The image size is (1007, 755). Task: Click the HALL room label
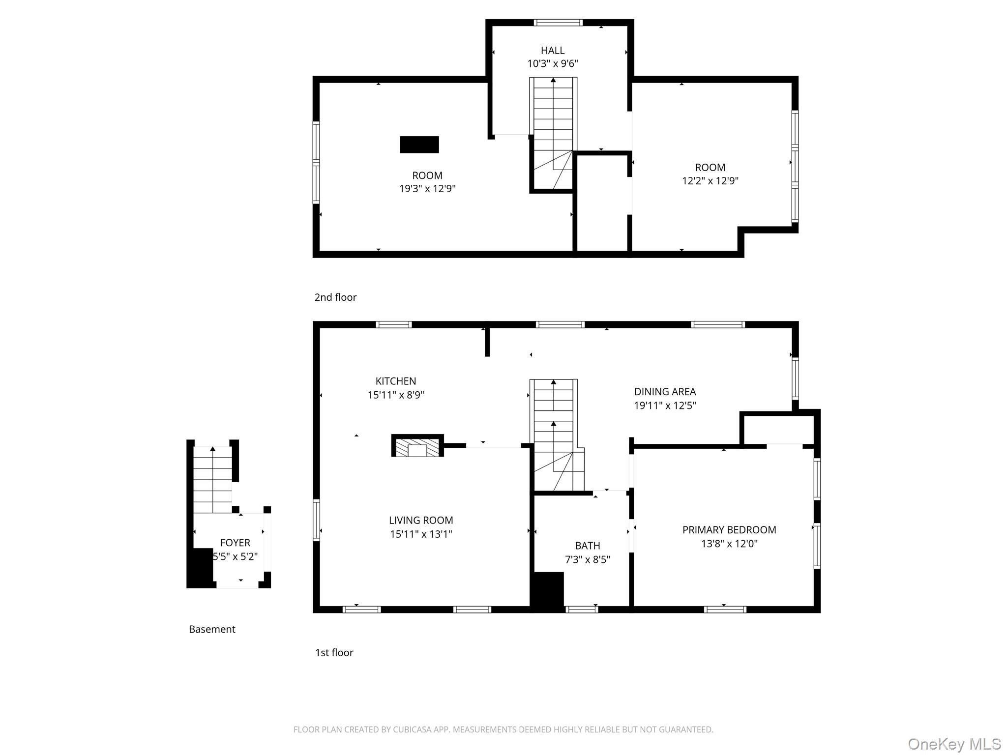click(x=553, y=50)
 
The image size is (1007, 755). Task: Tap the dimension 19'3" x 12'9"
click(x=427, y=189)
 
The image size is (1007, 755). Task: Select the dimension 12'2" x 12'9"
click(x=710, y=181)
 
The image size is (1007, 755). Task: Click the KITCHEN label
click(x=396, y=381)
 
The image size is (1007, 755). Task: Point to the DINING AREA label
click(x=665, y=392)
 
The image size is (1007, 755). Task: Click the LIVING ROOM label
click(x=421, y=520)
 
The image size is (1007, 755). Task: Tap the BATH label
click(x=588, y=546)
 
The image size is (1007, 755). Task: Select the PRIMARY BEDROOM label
click(x=729, y=530)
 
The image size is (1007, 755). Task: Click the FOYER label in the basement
click(x=235, y=543)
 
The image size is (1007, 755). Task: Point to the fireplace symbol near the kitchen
click(x=417, y=446)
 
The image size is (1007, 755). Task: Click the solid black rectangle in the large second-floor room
click(x=419, y=145)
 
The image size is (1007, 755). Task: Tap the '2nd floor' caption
click(x=335, y=297)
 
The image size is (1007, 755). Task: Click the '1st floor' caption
click(x=334, y=653)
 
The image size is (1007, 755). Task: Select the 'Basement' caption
click(x=212, y=629)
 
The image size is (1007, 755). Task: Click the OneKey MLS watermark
click(x=954, y=744)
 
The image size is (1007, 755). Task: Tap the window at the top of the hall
click(x=558, y=23)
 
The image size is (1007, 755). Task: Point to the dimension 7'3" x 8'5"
click(x=588, y=559)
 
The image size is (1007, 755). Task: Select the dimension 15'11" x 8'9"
click(x=396, y=395)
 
